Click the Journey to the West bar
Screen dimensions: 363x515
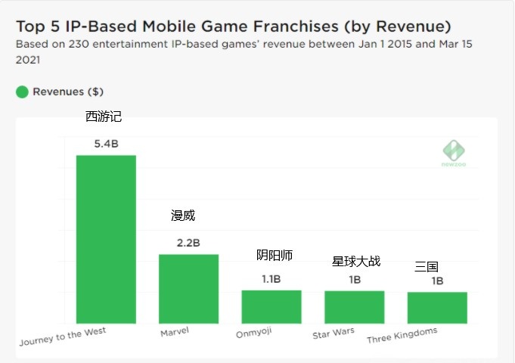click(106, 239)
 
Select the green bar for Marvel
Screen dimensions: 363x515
click(188, 289)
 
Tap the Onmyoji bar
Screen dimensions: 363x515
click(271, 306)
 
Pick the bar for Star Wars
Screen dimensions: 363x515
click(355, 307)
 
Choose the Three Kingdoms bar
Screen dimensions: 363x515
click(437, 307)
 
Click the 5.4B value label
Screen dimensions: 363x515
click(106, 143)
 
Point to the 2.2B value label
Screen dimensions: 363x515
click(188, 243)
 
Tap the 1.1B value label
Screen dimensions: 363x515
click(271, 279)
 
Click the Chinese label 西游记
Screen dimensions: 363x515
click(104, 116)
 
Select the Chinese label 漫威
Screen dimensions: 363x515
click(183, 216)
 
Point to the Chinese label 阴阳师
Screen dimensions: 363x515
click(275, 256)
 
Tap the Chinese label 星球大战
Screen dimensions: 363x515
click(356, 262)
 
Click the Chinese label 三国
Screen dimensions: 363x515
click(427, 267)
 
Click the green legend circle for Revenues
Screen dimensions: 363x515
click(22, 92)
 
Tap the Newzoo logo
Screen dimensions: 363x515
click(454, 152)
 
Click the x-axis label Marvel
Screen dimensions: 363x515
click(175, 332)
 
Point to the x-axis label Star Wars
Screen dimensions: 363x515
click(334, 334)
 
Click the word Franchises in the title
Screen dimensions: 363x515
click(288, 26)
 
